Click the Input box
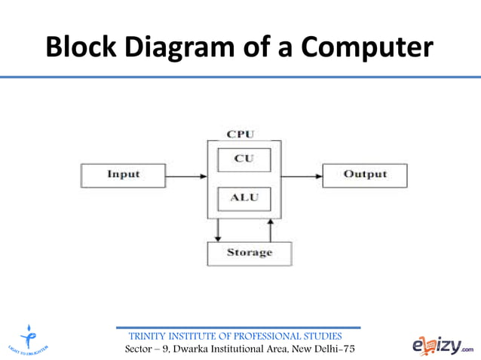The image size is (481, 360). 123,175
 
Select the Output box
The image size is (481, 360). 365,175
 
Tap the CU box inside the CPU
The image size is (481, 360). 244,159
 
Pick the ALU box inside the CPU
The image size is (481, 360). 244,197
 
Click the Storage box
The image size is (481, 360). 249,252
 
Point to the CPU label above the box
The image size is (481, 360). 240,134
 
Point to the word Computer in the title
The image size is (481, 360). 367,47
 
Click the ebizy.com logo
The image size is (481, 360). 443,344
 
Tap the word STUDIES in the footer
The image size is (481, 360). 322,336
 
